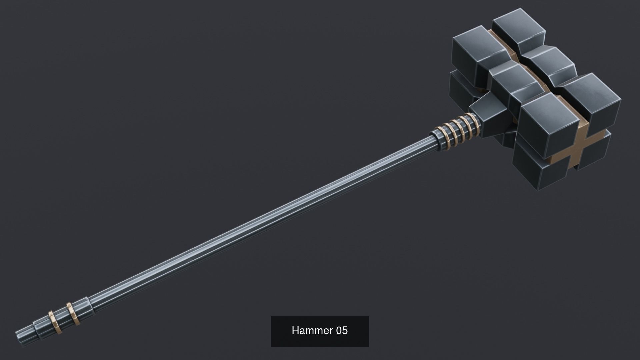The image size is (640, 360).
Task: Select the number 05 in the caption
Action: coord(342,331)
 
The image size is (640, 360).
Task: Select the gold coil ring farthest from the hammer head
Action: coord(440,135)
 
